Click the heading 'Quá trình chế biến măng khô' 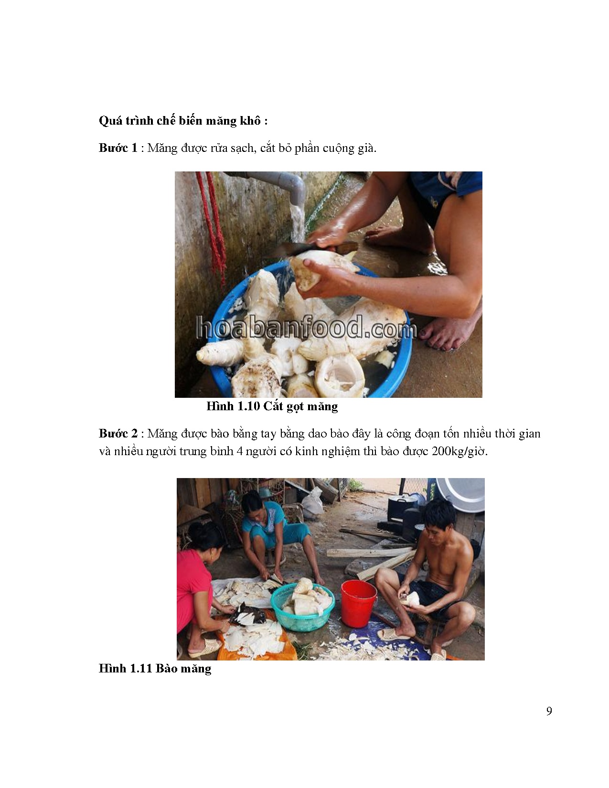tap(183, 121)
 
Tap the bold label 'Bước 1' tap(118, 148)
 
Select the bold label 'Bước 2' tap(118, 434)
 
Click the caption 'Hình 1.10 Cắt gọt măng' tap(272, 406)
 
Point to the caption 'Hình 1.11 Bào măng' tap(155, 668)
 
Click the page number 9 tap(549, 711)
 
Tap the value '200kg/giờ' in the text tap(459, 451)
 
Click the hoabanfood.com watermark tap(306, 329)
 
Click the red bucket tap(358, 603)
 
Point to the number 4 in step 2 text tap(239, 451)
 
